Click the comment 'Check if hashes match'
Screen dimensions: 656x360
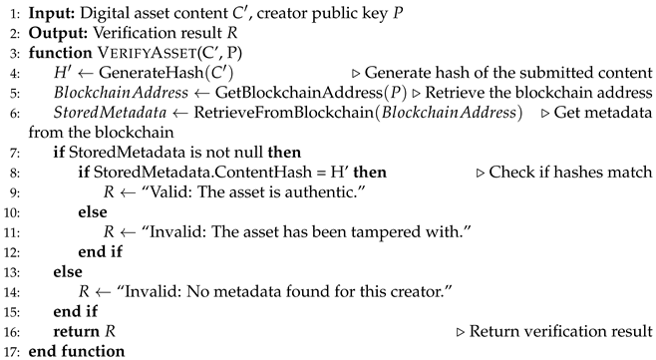click(x=579, y=173)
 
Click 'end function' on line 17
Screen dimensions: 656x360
click(x=78, y=352)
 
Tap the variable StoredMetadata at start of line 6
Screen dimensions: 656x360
click(x=101, y=112)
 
